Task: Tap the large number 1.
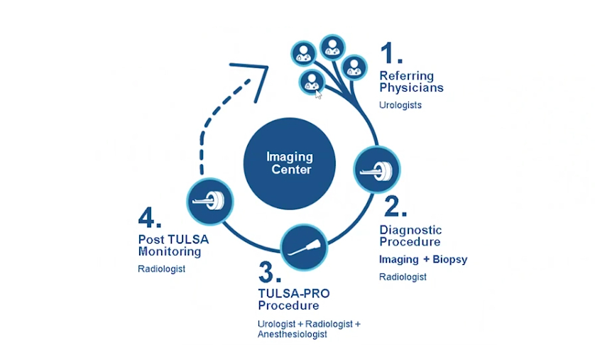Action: pyautogui.click(x=391, y=54)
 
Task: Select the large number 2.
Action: pyautogui.click(x=395, y=205)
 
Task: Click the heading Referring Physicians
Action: pyautogui.click(x=411, y=82)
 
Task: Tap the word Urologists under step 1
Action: pyautogui.click(x=400, y=105)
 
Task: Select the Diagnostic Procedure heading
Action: pyautogui.click(x=410, y=235)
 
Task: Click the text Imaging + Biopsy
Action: pyautogui.click(x=423, y=259)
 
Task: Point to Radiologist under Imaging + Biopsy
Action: pyautogui.click(x=403, y=277)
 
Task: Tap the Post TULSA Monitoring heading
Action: pyautogui.click(x=173, y=245)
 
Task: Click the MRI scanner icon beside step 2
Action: pyautogui.click(x=377, y=170)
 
